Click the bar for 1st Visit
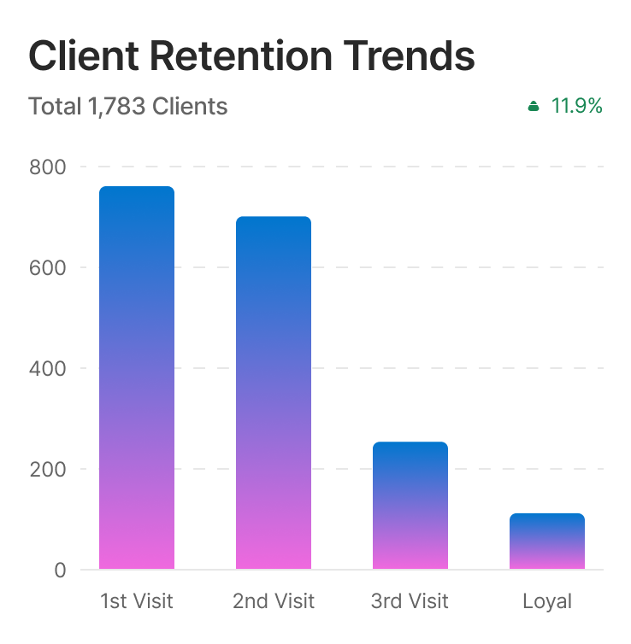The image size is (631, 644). (x=137, y=378)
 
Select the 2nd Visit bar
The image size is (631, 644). (x=274, y=393)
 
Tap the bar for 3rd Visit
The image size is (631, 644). (x=410, y=506)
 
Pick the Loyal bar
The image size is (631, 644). (x=547, y=542)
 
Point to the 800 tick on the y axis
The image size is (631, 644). (x=47, y=167)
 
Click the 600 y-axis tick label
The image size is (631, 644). (x=47, y=267)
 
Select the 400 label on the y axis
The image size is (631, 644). (x=47, y=368)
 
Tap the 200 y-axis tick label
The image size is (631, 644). (x=47, y=469)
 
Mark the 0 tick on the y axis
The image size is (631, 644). (x=60, y=570)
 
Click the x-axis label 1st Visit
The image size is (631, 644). (x=137, y=601)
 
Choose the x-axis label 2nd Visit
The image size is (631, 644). (x=274, y=601)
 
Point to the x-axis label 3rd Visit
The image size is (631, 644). (x=410, y=601)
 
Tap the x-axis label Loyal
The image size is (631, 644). (x=547, y=601)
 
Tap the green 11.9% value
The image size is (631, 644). (x=577, y=106)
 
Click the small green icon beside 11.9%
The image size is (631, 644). (x=534, y=107)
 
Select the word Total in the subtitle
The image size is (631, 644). (x=54, y=107)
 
